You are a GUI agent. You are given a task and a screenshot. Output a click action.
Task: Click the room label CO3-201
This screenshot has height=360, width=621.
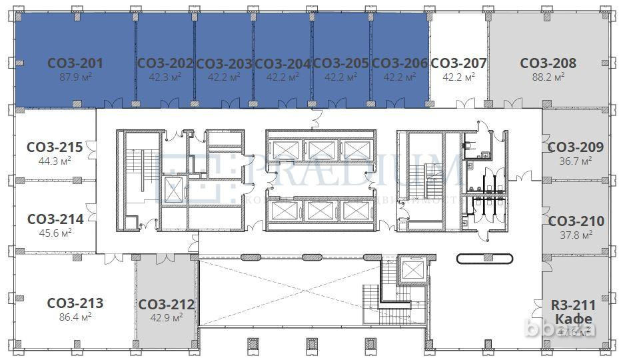pos(75,63)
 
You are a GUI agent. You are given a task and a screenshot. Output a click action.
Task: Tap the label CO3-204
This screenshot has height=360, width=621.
pos(283,63)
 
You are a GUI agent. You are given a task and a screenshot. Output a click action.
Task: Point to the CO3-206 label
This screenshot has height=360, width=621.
pos(399,63)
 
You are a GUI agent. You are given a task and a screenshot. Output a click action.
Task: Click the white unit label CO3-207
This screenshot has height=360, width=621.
pos(458,63)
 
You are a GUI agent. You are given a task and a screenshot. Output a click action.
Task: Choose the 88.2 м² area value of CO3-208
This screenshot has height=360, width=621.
pos(548,77)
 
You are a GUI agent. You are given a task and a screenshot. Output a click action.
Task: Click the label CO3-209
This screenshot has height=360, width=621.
pos(576,147)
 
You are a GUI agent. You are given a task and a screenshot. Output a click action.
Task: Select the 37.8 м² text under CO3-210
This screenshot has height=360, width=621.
pos(576,235)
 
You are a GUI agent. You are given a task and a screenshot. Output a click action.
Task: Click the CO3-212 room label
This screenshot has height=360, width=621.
pos(167,305)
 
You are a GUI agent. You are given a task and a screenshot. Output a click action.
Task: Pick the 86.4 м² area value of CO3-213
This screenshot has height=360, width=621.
pos(75,317)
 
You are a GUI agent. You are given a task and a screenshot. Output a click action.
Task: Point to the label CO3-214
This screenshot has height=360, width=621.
pos(55,219)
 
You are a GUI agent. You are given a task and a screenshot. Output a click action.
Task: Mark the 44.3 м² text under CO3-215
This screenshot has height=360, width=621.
pos(55,161)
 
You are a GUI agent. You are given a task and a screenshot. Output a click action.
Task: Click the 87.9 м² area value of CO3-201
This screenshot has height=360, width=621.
pos(75,77)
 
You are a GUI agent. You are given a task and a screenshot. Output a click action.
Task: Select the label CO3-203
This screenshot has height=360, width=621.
pos(224,63)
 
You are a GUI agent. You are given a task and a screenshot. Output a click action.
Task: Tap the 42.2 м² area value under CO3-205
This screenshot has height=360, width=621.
pos(341,77)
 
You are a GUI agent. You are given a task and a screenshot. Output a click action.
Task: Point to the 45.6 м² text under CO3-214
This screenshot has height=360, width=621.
pos(55,233)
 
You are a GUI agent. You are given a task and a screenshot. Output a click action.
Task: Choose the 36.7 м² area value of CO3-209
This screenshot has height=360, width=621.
pos(576,161)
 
